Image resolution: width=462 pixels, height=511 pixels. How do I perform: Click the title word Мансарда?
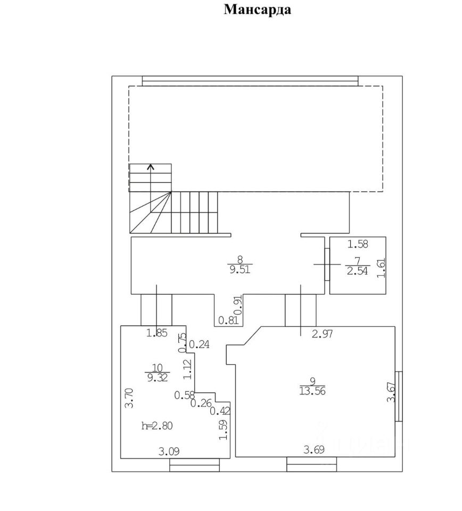click(258, 10)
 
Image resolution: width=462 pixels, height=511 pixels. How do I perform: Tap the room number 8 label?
click(240, 259)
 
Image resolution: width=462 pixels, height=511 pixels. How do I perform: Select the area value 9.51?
click(240, 269)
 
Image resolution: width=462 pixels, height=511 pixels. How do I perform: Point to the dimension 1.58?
click(358, 245)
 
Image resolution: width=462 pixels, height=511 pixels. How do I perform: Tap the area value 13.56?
click(312, 390)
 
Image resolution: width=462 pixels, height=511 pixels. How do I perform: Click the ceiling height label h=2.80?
click(157, 425)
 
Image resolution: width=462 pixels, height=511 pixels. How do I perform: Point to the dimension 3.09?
click(169, 452)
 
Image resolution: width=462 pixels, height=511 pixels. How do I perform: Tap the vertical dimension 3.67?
click(390, 393)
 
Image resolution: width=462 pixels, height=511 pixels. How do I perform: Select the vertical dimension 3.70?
click(128, 398)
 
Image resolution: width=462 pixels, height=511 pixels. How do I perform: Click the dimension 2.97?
click(323, 334)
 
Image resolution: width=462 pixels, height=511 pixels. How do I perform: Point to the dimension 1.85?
click(158, 334)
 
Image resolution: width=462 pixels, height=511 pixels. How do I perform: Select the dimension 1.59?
click(224, 431)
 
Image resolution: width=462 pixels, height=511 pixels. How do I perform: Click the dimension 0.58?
click(185, 395)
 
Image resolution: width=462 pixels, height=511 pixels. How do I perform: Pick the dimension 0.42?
click(220, 410)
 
